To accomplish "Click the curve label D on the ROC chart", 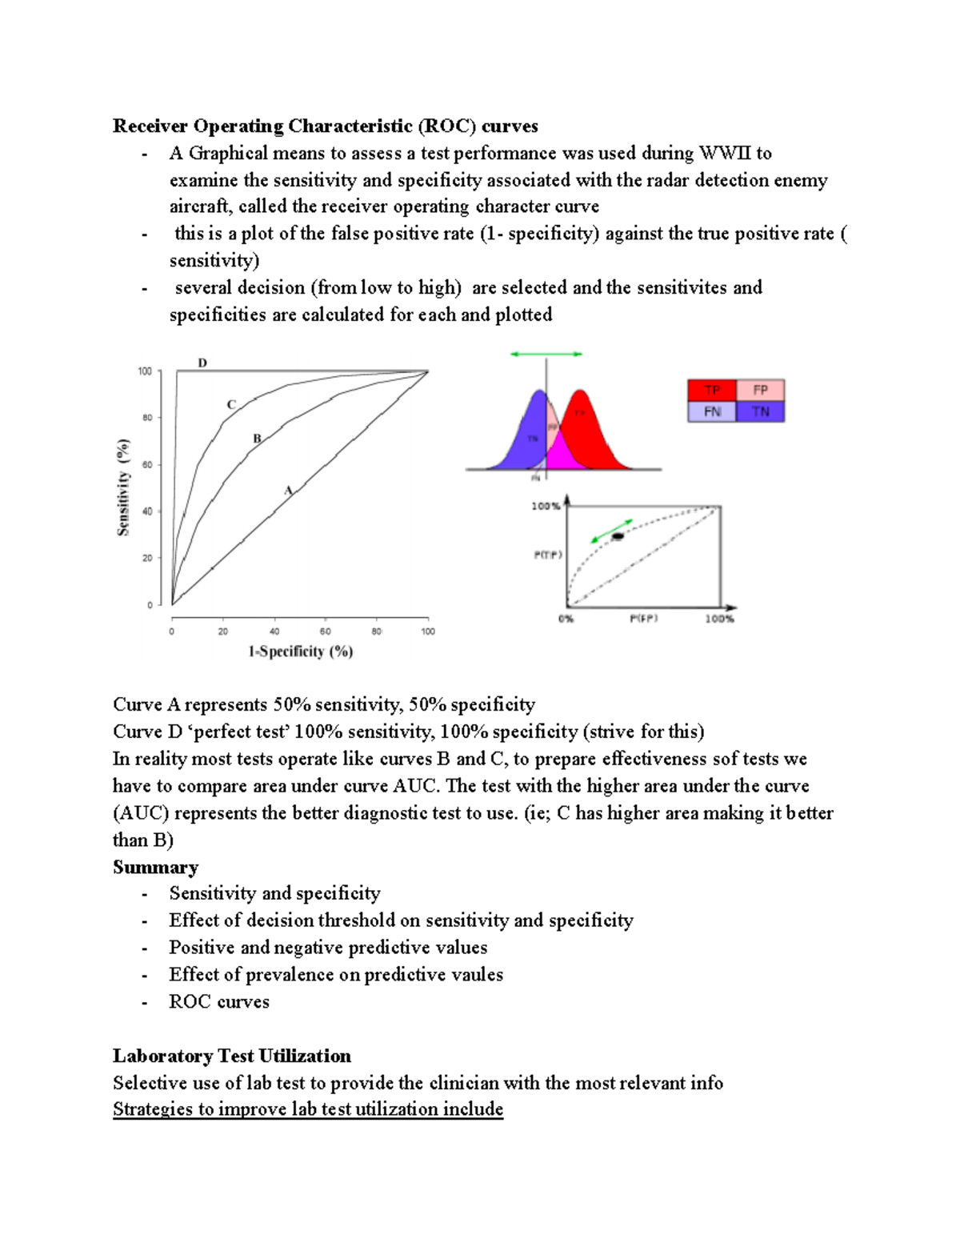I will [202, 363].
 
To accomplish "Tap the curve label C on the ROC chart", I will [231, 404].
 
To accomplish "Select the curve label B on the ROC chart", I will [257, 438].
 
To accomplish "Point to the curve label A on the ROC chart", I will [289, 490].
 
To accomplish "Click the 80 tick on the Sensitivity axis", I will [147, 417].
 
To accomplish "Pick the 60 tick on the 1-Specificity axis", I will [326, 632].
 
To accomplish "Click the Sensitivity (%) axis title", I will [123, 487].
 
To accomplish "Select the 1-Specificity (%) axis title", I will [301, 652].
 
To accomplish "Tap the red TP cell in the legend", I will [712, 390].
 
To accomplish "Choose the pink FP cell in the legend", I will [760, 390].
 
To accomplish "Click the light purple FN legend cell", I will [712, 411].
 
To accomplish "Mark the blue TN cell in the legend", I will [760, 411].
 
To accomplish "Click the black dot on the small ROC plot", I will [618, 536].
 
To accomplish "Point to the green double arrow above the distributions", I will [546, 354].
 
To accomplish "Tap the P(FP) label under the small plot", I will [643, 619].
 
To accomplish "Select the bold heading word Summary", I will [155, 867].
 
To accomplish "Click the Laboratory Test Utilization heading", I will [232, 1056].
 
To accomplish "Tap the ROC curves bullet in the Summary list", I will [219, 1001].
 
